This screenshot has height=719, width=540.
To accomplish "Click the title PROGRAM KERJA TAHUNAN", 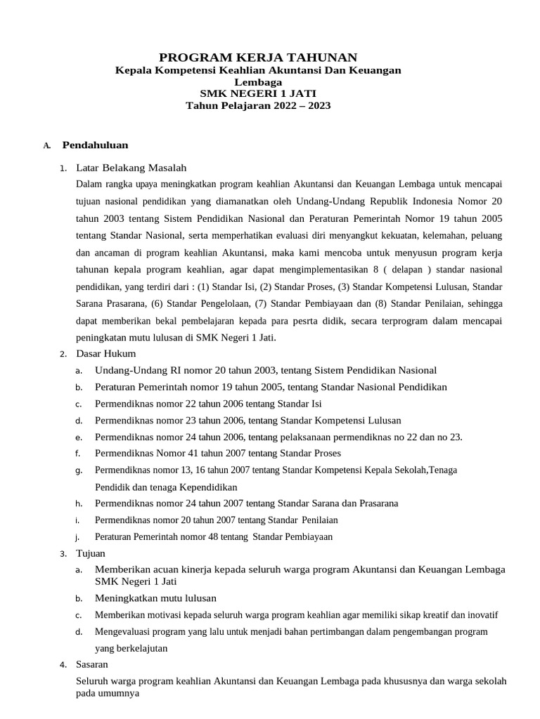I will (257, 58).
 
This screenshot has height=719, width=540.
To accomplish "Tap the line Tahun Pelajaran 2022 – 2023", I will (257, 105).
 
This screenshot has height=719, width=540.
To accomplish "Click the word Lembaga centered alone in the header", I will (257, 81).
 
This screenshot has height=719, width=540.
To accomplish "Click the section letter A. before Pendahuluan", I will (46, 146).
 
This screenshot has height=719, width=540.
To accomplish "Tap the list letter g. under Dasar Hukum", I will (79, 470).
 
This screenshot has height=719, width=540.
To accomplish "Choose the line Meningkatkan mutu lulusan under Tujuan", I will (155, 598).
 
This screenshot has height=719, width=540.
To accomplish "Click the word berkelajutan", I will (131, 648).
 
